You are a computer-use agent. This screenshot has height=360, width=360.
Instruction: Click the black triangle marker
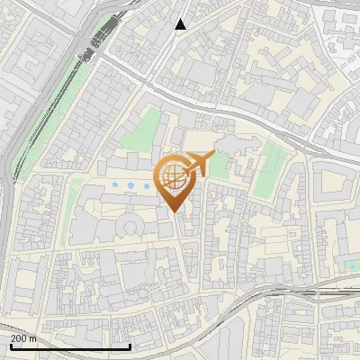coord(180,24)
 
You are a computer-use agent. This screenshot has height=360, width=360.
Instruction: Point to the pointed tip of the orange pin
coord(175,211)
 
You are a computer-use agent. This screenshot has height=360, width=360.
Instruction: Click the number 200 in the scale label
coord(17,338)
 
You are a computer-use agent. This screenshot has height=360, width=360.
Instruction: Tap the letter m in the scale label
coord(33,338)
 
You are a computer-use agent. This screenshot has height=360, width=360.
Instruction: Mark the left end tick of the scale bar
coord(10,346)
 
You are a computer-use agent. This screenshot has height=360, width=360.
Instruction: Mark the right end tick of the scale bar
coord(130,346)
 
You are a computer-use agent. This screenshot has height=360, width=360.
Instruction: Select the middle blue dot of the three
coord(130,185)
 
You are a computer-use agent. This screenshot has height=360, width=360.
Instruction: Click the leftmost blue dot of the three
coord(114,185)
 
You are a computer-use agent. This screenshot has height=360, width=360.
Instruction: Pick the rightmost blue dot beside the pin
coord(147,186)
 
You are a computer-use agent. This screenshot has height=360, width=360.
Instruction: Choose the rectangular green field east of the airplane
coord(269,176)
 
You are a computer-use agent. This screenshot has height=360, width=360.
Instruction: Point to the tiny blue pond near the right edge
coord(352,266)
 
